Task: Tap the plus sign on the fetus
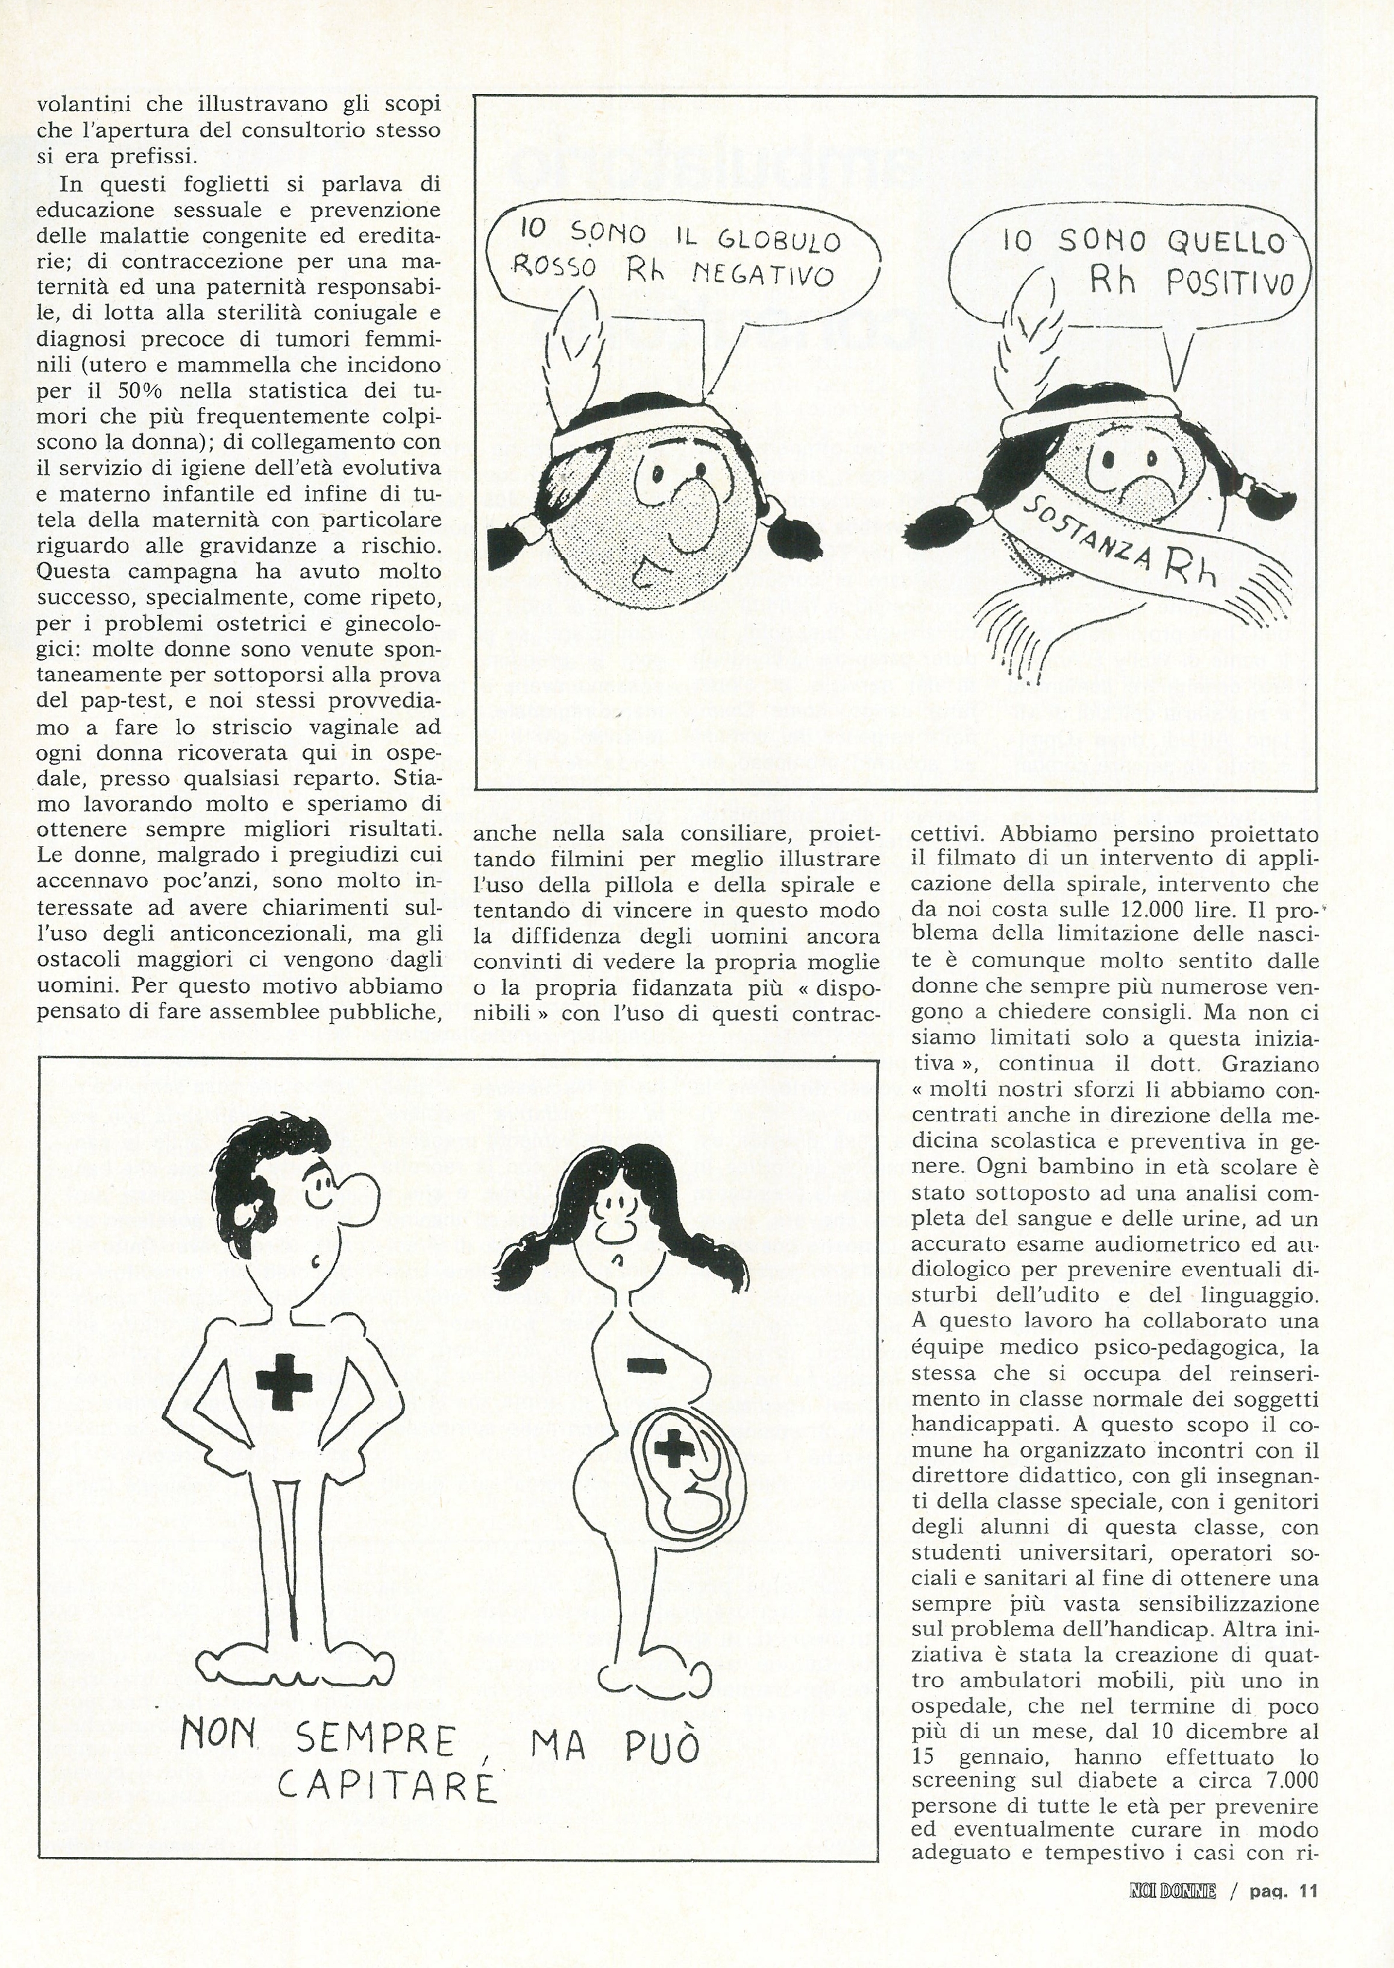[x=672, y=1449]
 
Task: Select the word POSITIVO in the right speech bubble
[x=1226, y=283]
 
